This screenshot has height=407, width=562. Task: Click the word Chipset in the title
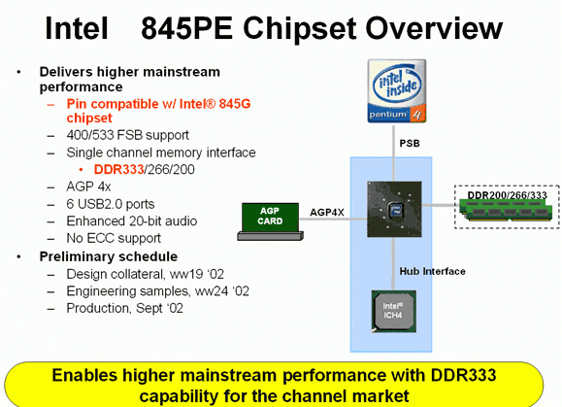coord(300,29)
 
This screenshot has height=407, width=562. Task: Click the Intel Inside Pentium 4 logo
coord(397,91)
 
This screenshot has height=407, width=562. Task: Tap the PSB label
coord(410,144)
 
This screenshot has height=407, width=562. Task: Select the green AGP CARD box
coord(270,218)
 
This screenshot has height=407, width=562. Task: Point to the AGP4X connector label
coord(327,213)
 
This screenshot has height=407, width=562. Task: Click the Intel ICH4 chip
coord(393,311)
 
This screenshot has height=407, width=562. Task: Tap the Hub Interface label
coord(432,271)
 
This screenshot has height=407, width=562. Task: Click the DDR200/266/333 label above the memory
coord(508,195)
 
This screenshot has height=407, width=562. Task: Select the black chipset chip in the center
coord(394,209)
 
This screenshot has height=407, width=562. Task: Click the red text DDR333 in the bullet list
coord(118,169)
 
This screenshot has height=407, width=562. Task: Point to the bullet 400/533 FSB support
coord(127,135)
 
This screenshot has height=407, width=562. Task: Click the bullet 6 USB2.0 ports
coord(111,204)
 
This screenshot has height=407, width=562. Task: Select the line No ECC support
coord(114,238)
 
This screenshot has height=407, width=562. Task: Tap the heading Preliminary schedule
coord(109,256)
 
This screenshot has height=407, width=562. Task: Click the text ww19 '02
coord(197,274)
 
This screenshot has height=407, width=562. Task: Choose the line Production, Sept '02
coord(125,308)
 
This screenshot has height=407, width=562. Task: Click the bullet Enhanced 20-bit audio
coord(132,221)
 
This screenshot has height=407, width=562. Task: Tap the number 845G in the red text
coord(235,104)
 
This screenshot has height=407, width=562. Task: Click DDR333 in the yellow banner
coord(463,376)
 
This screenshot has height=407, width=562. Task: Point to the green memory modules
coord(506,210)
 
